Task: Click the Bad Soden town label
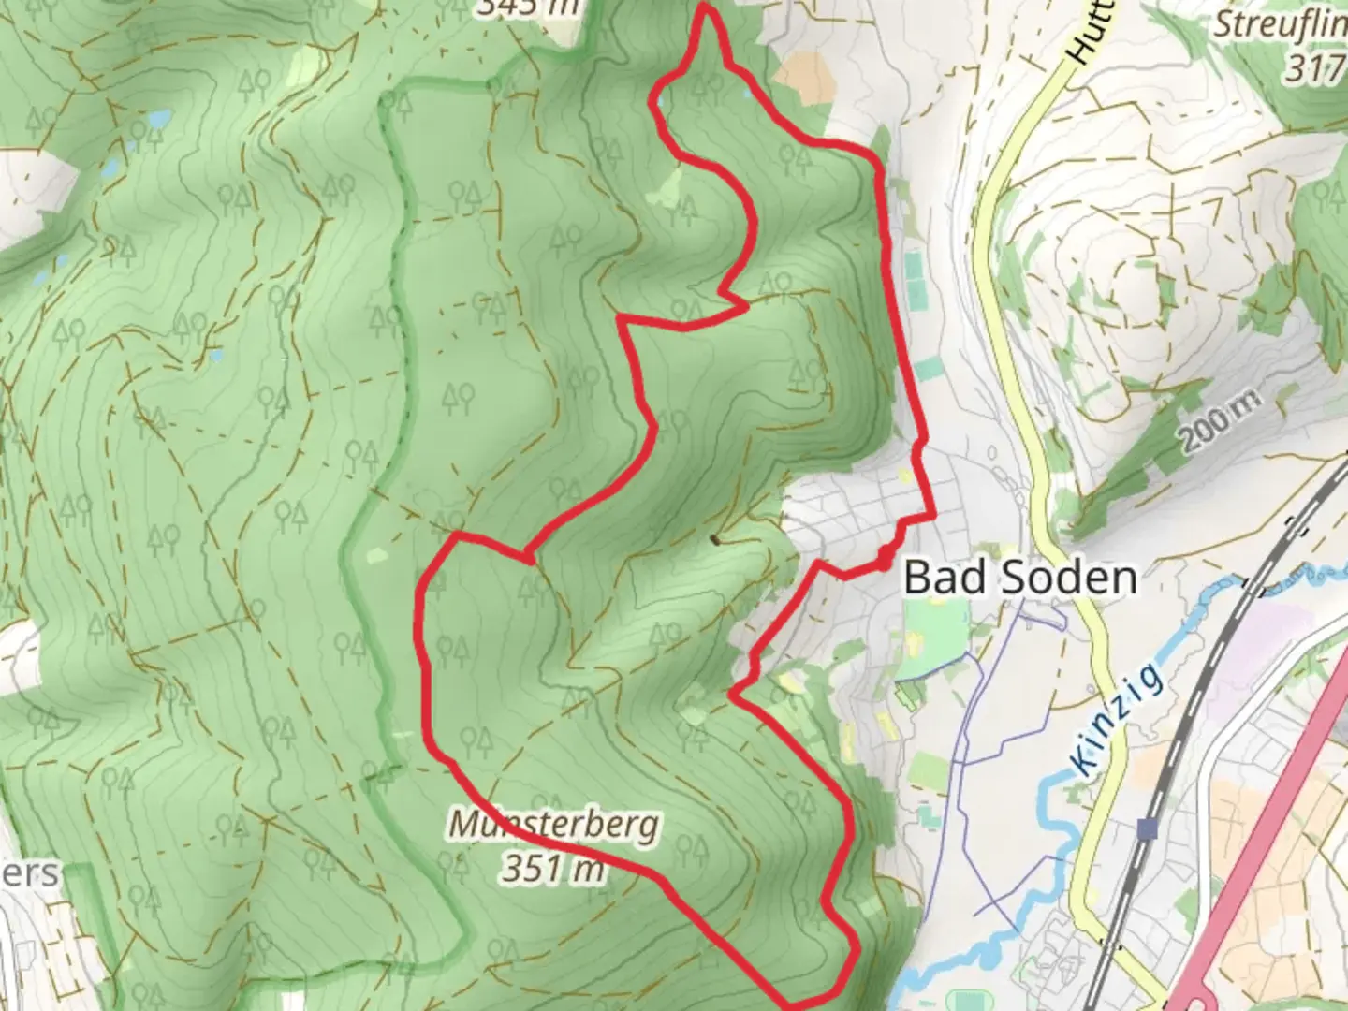(1020, 578)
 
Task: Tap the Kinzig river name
(1119, 719)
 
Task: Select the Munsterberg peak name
(553, 825)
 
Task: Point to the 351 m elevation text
(553, 870)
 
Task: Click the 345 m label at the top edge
(525, 7)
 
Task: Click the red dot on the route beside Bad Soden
(885, 562)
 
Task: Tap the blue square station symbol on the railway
(1148, 828)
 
